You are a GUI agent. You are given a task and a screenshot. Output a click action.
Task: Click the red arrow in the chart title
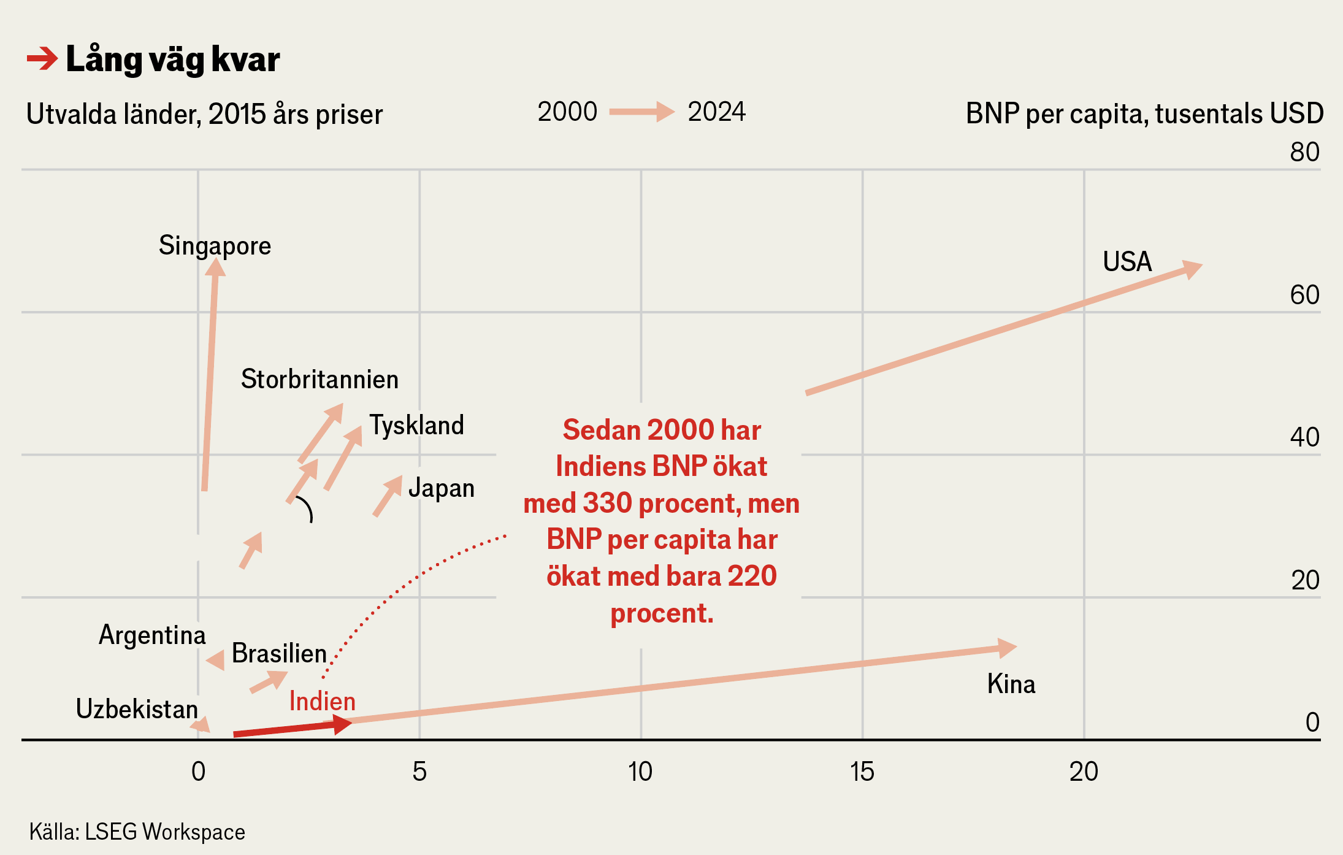[42, 59]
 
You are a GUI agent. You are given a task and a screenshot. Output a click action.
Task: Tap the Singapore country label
[215, 246]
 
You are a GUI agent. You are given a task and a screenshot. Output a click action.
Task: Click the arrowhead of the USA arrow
[1192, 269]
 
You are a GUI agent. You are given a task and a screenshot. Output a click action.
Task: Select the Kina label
[1011, 684]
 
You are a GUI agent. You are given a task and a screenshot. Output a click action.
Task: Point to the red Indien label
[322, 701]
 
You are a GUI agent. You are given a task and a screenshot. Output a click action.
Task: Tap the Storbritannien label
[319, 379]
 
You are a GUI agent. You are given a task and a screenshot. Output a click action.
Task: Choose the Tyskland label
[416, 425]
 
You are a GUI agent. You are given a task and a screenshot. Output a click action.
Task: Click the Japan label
[441, 488]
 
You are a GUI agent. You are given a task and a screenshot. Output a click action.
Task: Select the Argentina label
[152, 635]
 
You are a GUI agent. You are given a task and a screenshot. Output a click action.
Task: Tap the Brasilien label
[279, 653]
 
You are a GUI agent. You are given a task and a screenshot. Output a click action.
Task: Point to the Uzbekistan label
[137, 709]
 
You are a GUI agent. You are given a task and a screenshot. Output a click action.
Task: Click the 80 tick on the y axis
[1304, 152]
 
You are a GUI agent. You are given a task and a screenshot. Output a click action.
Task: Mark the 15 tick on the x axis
[862, 772]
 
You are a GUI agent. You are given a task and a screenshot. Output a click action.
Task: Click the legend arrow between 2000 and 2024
[641, 112]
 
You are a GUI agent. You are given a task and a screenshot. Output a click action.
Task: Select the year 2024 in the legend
[716, 112]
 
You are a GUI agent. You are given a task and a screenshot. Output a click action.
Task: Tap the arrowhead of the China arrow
[1007, 648]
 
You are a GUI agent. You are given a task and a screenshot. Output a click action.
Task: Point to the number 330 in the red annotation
[607, 503]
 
